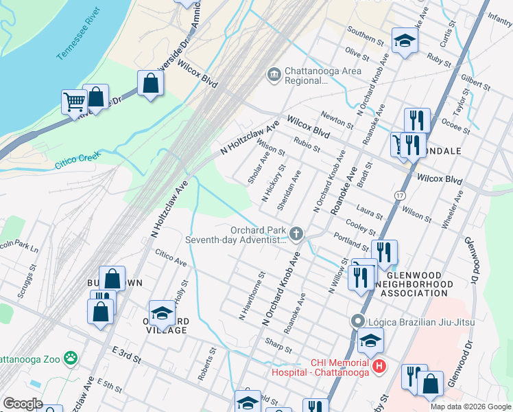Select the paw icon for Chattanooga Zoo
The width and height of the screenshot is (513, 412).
tap(70, 357)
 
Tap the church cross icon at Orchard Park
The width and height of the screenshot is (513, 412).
tap(296, 235)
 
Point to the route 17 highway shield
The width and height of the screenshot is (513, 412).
tap(400, 196)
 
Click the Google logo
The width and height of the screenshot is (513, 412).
tap(23, 404)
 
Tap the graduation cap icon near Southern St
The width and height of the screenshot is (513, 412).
tap(405, 41)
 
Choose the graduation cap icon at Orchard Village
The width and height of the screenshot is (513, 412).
tap(162, 312)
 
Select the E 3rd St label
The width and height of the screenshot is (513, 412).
tap(127, 355)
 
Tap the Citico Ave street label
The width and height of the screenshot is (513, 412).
tap(171, 262)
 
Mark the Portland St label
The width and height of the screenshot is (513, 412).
tap(351, 241)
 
